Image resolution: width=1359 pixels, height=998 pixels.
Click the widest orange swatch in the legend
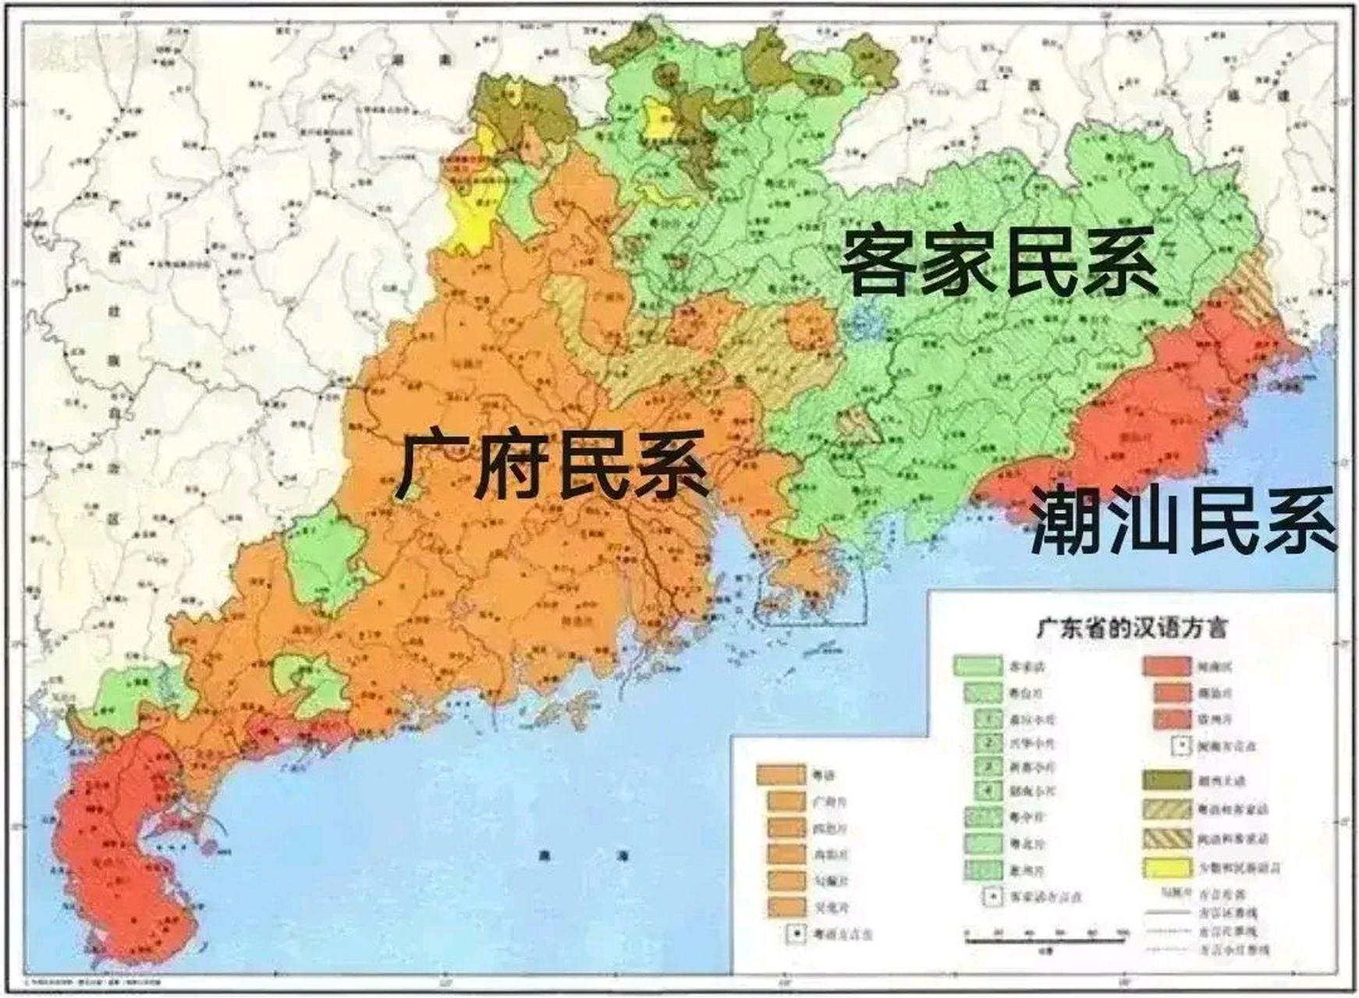tap(781, 775)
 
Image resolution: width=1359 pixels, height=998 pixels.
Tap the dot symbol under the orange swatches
tap(795, 933)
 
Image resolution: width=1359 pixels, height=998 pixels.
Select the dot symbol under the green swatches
tap(992, 896)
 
